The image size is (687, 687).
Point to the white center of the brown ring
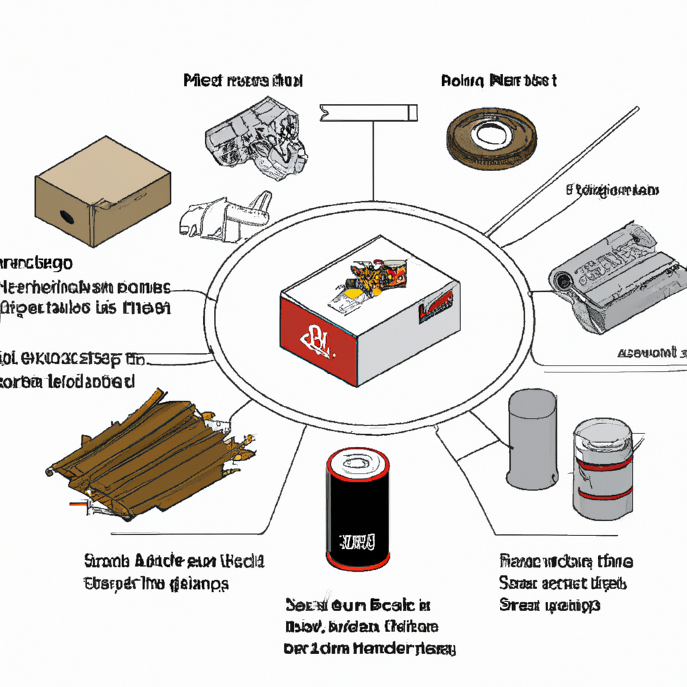point(491,135)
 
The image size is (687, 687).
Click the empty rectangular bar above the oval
point(369,112)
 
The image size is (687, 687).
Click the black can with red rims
point(358,509)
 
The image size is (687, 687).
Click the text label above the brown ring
point(498,81)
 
